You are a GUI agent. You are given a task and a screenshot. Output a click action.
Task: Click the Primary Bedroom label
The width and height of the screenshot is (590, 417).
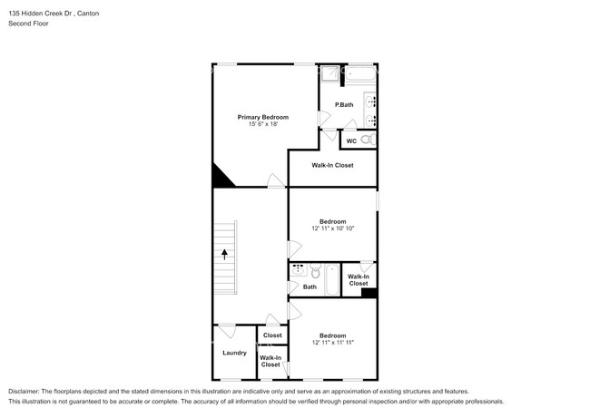pos(263,117)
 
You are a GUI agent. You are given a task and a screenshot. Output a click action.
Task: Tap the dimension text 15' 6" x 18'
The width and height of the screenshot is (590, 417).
pos(263,124)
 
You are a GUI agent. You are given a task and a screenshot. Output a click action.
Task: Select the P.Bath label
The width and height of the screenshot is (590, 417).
pos(344,105)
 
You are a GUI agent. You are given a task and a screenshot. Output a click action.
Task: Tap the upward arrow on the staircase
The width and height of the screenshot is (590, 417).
pos(223,257)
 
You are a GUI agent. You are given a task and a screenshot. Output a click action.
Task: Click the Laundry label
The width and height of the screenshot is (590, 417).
pos(234,352)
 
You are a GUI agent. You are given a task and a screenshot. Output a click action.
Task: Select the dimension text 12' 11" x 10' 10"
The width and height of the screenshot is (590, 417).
pos(332,228)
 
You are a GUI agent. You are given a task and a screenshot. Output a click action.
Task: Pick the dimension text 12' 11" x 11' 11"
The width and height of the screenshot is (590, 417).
pos(332,343)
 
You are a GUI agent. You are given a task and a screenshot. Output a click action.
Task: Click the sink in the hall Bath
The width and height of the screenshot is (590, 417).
pos(298,270)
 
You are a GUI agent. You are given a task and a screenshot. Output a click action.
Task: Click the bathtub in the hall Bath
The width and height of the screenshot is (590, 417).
pos(332,280)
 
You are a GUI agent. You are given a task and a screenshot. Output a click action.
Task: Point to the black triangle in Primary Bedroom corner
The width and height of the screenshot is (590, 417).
pos(221,178)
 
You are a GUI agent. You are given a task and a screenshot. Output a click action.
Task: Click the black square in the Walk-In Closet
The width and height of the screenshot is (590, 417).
pos(369,292)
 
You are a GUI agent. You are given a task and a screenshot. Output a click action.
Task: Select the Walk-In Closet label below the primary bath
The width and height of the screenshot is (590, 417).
pos(332,165)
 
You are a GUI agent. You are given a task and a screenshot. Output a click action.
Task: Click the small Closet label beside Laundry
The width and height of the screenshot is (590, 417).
pos(272,335)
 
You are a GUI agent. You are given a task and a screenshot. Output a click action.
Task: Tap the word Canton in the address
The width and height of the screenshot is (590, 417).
pos(87,13)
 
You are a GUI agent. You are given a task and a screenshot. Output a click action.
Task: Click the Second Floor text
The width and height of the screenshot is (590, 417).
pos(28,24)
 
